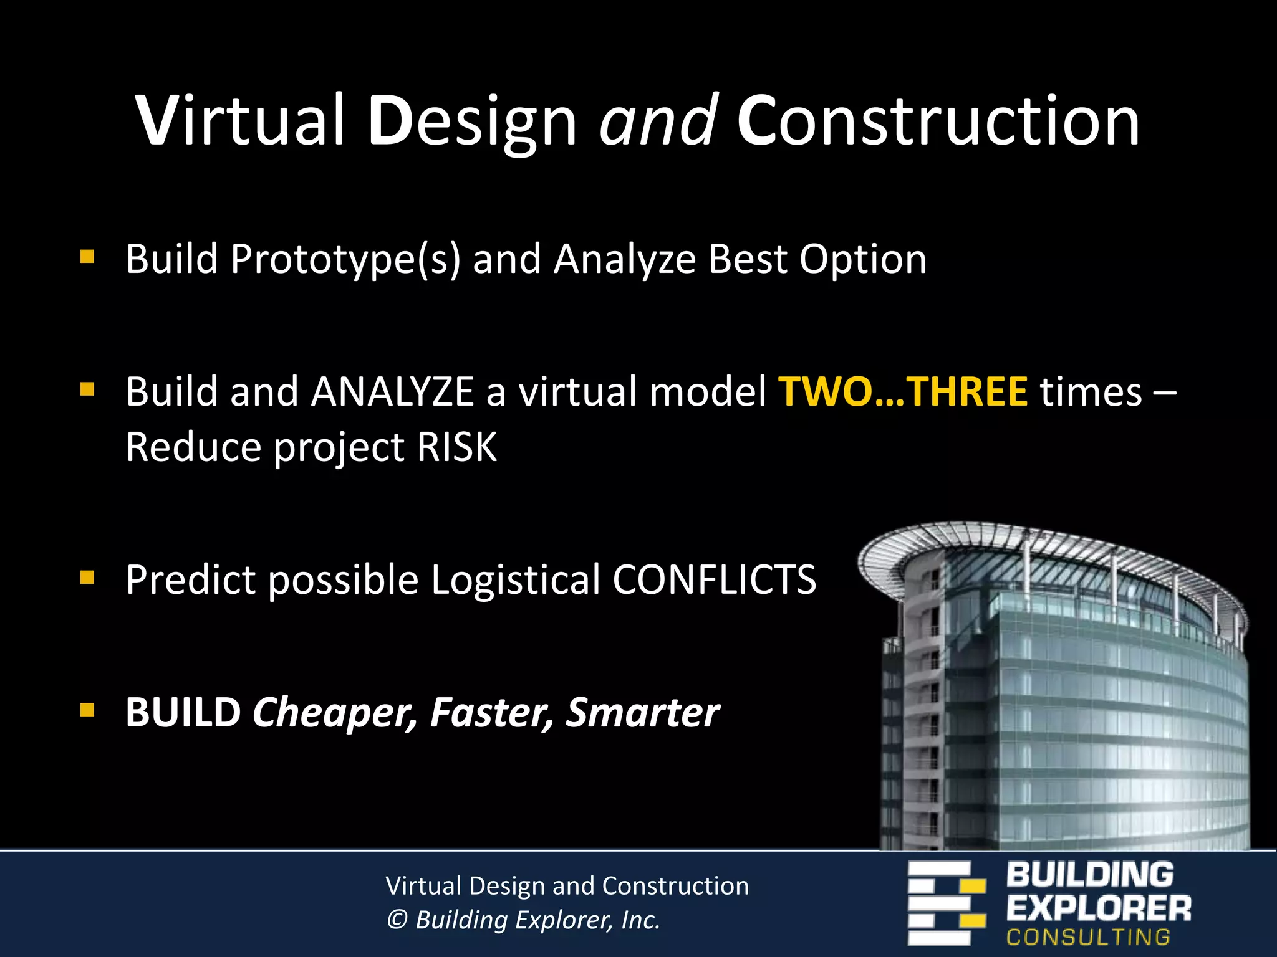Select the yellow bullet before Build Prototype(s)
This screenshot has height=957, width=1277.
[x=87, y=257]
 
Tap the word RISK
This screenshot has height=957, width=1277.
[x=457, y=447]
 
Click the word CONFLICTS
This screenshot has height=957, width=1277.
[x=714, y=579]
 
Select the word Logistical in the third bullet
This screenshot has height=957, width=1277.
[x=515, y=579]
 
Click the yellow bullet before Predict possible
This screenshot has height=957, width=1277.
[x=87, y=578]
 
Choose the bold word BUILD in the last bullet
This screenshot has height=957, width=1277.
[x=183, y=712]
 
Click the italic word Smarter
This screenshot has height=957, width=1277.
[x=642, y=712]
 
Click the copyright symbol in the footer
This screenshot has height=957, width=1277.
[x=397, y=920]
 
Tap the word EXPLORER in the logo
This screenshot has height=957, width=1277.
[x=1098, y=908]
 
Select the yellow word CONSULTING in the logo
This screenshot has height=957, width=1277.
[x=1088, y=937]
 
